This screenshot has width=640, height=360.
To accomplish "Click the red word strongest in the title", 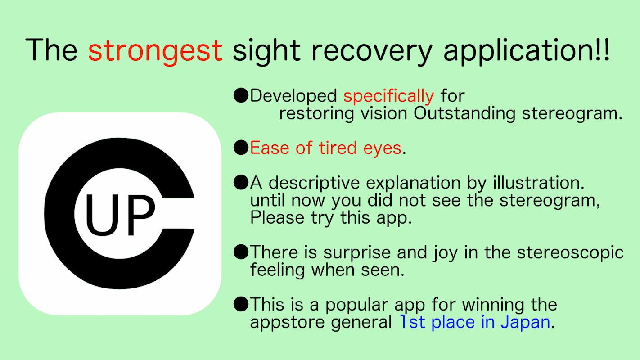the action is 155,51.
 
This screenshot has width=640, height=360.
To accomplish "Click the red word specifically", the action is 388,96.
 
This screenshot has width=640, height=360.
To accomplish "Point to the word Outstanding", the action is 464,113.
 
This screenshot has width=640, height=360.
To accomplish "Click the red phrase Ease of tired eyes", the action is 326,148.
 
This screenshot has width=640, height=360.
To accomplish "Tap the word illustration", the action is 539,183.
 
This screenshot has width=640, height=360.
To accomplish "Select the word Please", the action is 277,218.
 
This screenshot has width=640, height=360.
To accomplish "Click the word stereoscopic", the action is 570,252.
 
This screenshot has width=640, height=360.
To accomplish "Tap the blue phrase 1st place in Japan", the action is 475,323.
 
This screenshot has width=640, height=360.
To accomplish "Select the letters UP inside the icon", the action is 120,215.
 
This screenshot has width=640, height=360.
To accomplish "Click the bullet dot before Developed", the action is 241,95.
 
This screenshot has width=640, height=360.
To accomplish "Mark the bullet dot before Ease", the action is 241,148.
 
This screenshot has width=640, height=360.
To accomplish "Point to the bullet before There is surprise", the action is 241,252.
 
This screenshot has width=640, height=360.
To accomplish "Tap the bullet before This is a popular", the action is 241,304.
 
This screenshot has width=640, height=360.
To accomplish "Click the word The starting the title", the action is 51,49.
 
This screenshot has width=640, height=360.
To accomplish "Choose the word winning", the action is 493,305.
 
